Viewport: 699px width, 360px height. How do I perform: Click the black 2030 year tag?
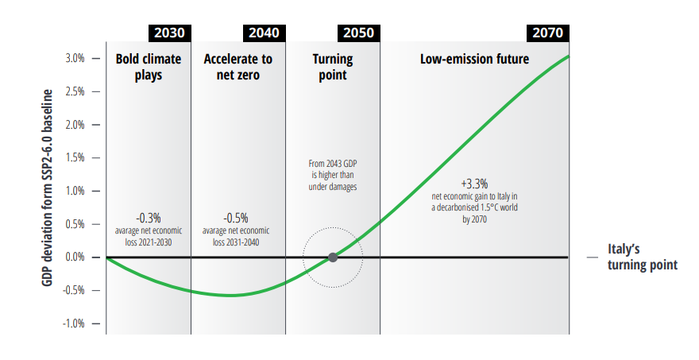coord(168,33)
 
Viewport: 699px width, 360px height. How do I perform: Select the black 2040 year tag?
coord(263,33)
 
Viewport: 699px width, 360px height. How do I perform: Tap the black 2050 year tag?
coord(357,33)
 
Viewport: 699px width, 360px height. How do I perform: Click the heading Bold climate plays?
coord(149,67)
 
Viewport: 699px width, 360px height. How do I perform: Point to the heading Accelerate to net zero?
coord(238,67)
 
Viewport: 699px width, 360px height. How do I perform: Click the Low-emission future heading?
coord(474,59)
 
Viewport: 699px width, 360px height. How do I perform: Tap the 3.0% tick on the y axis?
coord(75,59)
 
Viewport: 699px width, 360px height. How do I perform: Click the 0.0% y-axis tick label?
coord(75,257)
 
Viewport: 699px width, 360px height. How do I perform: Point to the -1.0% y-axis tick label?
coord(75,323)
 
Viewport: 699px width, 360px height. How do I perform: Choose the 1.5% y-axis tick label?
coord(75,158)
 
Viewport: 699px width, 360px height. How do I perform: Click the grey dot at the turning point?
coord(333,257)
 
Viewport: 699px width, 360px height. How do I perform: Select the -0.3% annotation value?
coord(149,217)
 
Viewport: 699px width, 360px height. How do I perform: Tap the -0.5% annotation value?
coord(236,217)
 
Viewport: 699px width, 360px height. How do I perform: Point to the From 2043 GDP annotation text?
coord(332,175)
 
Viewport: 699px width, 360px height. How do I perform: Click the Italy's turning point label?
coord(643,257)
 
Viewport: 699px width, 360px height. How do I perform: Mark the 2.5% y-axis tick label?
coord(75,92)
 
